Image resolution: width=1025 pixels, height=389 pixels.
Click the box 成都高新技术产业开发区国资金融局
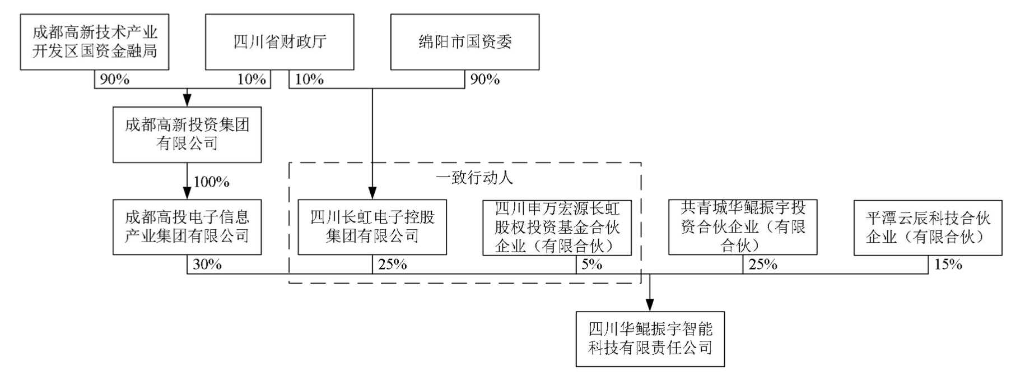coord(94,42)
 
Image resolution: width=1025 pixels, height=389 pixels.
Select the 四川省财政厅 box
coord(279,42)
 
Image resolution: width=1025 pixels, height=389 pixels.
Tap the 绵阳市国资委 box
coord(464,42)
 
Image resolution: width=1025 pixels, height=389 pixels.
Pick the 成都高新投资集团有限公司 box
coord(187,135)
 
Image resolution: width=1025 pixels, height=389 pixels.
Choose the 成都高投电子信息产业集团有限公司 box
coord(187,227)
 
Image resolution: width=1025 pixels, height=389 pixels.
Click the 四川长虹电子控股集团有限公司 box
coord(372,227)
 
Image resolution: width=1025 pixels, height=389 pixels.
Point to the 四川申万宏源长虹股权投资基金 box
coord(557,227)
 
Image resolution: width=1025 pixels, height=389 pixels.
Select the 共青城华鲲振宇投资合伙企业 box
coord(742,227)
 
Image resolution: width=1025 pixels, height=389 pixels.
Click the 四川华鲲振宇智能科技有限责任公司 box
coord(650,339)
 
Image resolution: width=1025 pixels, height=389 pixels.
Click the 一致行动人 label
coord(474,178)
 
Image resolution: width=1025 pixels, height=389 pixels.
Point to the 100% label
coord(211,182)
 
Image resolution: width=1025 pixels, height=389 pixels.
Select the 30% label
coord(207,264)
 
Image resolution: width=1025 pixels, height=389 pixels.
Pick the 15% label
coord(948,264)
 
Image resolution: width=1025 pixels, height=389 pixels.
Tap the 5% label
coord(591,264)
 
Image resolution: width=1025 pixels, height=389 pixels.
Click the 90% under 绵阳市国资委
coord(484,80)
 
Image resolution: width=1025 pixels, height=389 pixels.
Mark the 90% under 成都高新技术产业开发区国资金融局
coord(114,80)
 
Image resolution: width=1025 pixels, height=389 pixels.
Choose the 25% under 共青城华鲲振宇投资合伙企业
coord(763,264)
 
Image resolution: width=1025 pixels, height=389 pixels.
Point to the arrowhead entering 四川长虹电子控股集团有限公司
coord(372,193)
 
